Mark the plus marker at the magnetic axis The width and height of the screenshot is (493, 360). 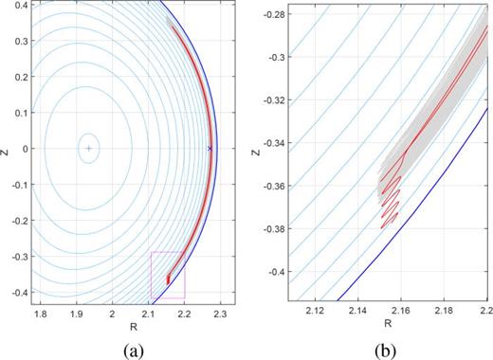pyautogui.click(x=88, y=149)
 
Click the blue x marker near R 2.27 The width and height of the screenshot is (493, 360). pyautogui.click(x=210, y=149)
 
